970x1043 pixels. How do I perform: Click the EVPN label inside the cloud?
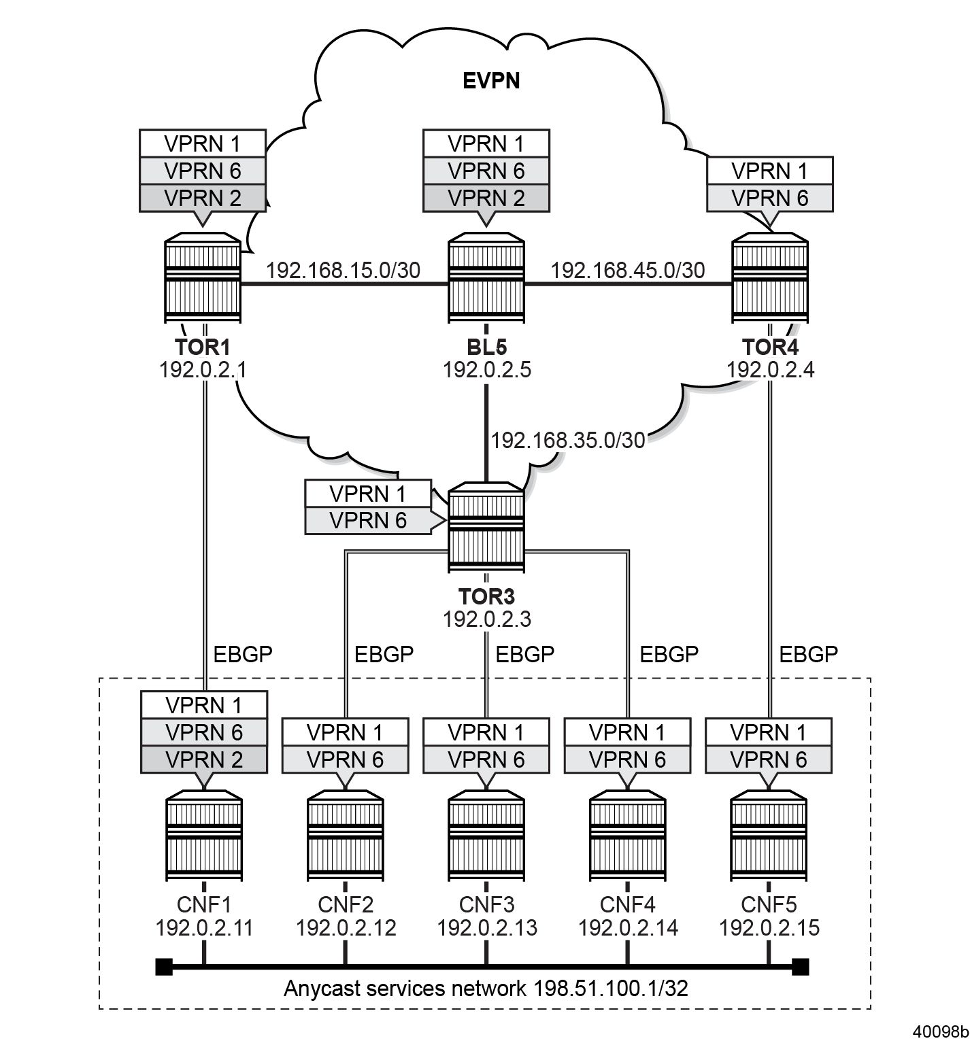coord(491,81)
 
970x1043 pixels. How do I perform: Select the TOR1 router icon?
coord(203,279)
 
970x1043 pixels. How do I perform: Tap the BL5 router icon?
coord(486,279)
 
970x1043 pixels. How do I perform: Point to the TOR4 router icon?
coord(770,279)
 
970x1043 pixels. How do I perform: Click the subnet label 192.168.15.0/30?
coord(343,270)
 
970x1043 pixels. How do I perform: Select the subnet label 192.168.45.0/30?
coord(627,270)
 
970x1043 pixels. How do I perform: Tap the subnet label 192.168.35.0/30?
coord(568,440)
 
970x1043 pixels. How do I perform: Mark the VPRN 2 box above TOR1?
coord(202,198)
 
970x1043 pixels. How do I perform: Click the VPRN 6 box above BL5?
coord(486,171)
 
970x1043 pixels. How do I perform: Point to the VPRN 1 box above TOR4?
coord(770,171)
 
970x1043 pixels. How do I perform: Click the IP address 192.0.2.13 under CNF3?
coord(487,927)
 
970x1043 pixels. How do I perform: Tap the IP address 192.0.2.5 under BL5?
coord(487,370)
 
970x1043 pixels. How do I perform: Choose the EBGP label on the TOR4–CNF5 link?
coord(808,654)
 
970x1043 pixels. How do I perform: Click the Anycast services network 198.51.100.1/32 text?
coord(486,988)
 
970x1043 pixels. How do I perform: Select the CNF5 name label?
coord(769,905)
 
